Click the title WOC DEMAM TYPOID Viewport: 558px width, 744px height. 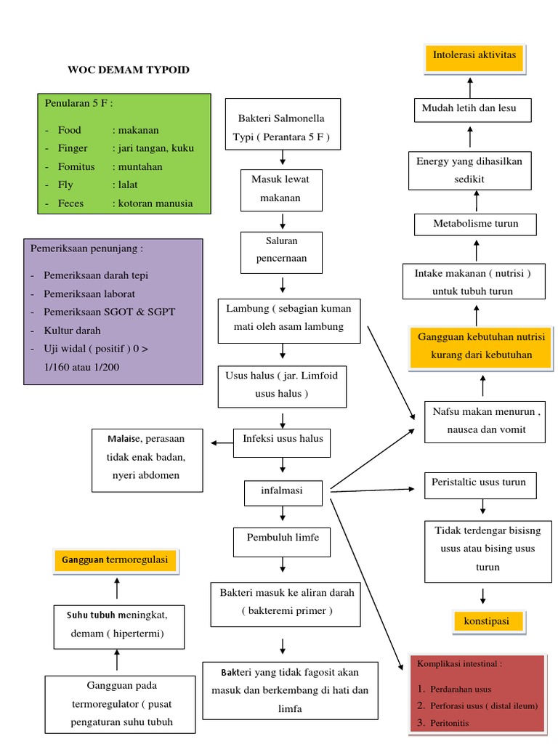129,70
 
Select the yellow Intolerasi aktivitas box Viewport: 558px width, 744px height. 474,56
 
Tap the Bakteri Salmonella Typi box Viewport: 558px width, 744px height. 282,124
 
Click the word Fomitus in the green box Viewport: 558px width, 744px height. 76,166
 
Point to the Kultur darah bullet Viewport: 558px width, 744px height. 72,330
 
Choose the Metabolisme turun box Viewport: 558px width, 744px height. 476,224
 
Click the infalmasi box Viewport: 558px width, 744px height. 282,492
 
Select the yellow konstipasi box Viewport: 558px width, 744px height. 487,622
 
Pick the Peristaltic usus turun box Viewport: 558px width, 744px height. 479,482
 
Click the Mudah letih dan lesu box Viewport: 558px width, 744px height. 469,109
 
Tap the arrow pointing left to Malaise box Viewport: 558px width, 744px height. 217,442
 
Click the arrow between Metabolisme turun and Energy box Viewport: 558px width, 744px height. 477,200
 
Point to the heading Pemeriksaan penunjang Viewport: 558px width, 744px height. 87,248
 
